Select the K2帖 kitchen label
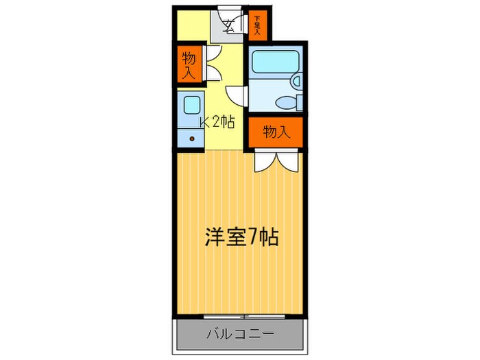[x=217, y=122]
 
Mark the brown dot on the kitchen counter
[x=192, y=138]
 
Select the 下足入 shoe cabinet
[x=257, y=25]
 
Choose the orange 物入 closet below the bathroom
[x=275, y=132]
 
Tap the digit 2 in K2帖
[x=217, y=122]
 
